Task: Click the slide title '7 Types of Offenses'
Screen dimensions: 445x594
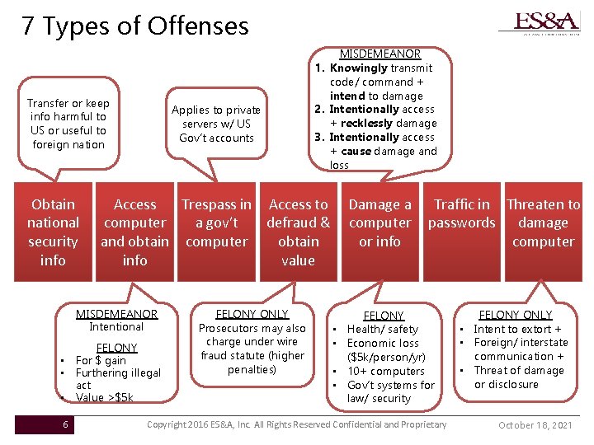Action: click(135, 26)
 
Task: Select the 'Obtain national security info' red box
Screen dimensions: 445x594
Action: click(53, 232)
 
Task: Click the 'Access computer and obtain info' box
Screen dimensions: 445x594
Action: click(134, 232)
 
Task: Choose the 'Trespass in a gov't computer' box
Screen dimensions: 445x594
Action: click(216, 222)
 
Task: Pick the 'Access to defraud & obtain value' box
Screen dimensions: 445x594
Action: click(298, 232)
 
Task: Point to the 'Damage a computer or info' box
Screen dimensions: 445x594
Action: click(379, 222)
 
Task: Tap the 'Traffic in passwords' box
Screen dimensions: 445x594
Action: click(461, 213)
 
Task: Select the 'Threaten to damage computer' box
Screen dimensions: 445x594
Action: click(543, 222)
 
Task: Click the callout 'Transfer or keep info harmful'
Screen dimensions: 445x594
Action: click(68, 124)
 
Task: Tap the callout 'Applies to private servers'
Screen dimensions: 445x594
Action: click(216, 124)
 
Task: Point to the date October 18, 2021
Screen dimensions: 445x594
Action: click(535, 425)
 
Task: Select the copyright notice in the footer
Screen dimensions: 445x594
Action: click(296, 424)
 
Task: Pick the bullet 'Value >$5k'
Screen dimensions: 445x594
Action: click(104, 398)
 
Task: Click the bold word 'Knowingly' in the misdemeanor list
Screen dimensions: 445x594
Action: click(358, 68)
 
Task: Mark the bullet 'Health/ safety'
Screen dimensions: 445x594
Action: click(383, 329)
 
